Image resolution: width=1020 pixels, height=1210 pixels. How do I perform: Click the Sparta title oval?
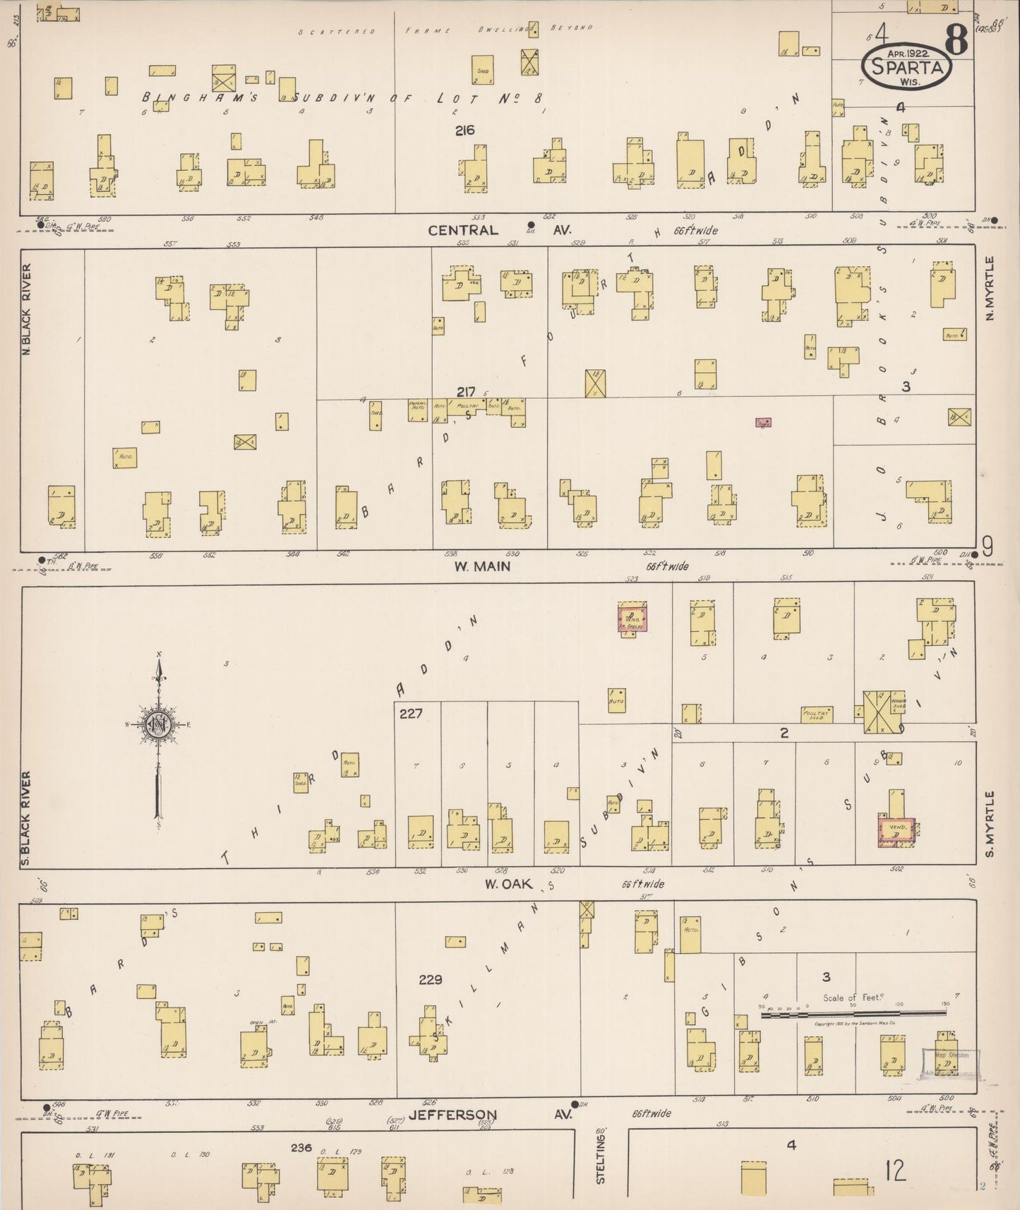(x=906, y=67)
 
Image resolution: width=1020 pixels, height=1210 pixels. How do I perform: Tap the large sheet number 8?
(x=956, y=41)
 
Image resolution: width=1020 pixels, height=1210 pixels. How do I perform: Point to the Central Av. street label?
(x=463, y=230)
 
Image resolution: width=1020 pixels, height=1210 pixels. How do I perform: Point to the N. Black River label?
(x=27, y=309)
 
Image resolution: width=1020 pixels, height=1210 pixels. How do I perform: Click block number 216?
(x=464, y=130)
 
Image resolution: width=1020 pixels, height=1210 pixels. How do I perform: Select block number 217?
(x=466, y=392)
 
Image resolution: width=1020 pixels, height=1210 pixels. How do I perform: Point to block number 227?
(x=410, y=714)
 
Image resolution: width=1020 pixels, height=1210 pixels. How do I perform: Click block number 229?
(x=430, y=979)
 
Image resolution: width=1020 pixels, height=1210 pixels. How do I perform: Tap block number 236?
(x=301, y=1148)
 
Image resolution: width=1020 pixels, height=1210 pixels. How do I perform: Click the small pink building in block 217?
(x=763, y=422)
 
